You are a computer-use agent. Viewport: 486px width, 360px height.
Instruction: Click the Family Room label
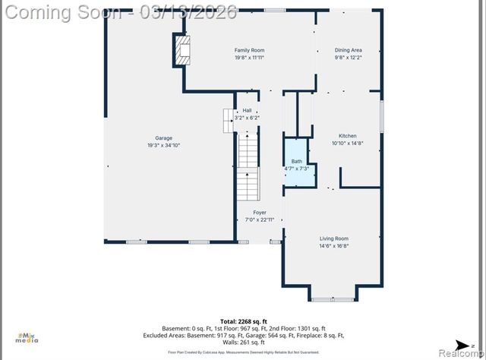click(x=249, y=50)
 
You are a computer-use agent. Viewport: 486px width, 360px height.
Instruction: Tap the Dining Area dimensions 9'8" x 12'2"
click(x=348, y=57)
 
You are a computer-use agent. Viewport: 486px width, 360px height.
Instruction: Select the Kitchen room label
click(x=347, y=136)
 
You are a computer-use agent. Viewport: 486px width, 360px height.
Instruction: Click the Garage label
click(x=163, y=138)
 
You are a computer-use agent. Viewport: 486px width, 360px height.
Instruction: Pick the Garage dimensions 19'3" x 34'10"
click(x=163, y=145)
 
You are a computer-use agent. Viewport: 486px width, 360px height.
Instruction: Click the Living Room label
click(x=333, y=238)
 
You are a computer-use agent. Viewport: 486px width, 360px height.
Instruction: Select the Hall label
click(x=247, y=111)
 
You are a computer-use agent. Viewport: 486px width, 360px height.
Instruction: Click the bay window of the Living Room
click(x=333, y=298)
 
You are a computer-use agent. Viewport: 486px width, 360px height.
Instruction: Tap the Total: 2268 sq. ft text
click(x=243, y=321)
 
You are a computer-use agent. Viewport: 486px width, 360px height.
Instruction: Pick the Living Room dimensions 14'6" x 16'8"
click(x=333, y=245)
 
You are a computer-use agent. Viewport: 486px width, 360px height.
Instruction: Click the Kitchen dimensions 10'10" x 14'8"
click(x=348, y=143)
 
